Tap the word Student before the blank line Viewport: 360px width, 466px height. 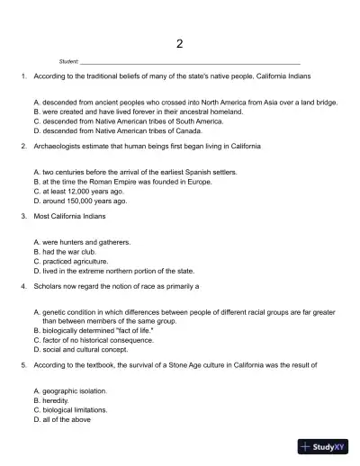[x=68, y=61]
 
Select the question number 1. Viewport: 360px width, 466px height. [x=22, y=78]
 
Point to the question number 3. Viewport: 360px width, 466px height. [x=22, y=217]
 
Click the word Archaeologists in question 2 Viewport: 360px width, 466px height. [x=57, y=146]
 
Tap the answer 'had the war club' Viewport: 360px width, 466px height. [x=73, y=251]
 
